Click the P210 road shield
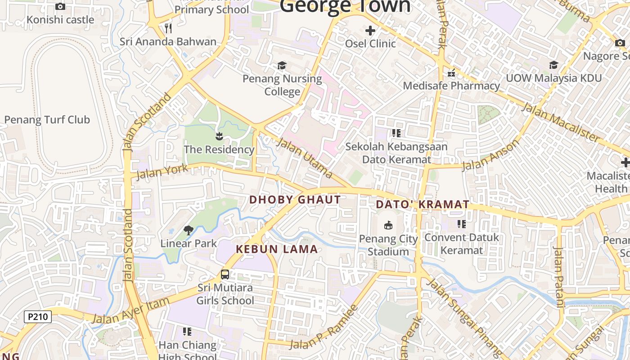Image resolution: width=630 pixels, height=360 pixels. (x=38, y=317)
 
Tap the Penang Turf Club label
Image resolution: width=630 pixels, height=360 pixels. (x=47, y=120)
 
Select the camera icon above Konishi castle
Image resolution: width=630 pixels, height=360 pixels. (x=60, y=6)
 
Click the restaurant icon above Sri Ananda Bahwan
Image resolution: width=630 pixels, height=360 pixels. (x=168, y=28)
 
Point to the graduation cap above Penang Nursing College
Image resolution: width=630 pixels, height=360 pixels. (x=282, y=66)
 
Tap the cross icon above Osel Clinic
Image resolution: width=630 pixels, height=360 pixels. (x=370, y=31)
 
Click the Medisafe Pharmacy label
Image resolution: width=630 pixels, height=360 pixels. (x=451, y=85)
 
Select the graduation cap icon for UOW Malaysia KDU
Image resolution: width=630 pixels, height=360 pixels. (x=553, y=65)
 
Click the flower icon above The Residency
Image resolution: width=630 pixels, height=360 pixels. (x=219, y=136)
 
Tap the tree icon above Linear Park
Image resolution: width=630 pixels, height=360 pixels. (x=189, y=230)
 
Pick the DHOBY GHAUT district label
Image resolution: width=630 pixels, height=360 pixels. (x=295, y=199)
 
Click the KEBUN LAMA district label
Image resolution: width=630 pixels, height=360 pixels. (x=277, y=249)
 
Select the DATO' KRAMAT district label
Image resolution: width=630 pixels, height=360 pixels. (x=423, y=204)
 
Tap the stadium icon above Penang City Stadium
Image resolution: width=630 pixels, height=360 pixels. (x=388, y=225)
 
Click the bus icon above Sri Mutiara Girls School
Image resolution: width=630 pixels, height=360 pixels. (x=225, y=274)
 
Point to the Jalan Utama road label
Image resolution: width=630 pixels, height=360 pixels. (x=305, y=158)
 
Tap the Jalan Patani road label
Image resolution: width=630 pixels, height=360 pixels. (x=558, y=277)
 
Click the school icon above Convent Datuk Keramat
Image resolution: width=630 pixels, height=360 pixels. (x=461, y=224)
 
